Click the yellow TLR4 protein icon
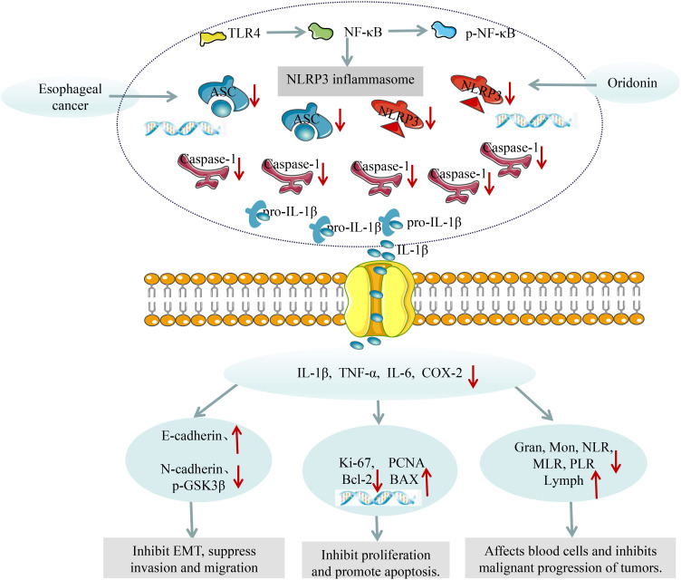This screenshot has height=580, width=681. tap(213, 38)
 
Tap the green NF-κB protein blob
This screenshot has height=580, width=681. tap(321, 32)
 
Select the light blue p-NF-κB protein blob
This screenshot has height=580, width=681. tap(444, 31)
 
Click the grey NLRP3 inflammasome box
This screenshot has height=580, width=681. tap(350, 81)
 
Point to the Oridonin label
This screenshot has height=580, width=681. tap(632, 82)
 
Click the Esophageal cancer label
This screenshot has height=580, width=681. tap(70, 97)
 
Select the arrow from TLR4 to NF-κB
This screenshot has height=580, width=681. tap(286, 32)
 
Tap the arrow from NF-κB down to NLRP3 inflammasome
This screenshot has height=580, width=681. tap(347, 52)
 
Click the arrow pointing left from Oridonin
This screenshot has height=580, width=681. tap(562, 84)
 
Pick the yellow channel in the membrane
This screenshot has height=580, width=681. tap(379, 299)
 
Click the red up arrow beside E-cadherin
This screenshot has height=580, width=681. tap(236, 440)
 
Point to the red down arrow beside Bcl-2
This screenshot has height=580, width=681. tap(377, 481)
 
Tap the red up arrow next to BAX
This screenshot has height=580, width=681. tap(427, 482)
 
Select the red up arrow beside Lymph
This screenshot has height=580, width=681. tap(595, 485)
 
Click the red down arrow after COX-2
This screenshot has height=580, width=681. tap(473, 376)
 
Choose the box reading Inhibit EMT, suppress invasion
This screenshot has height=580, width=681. tap(194, 558)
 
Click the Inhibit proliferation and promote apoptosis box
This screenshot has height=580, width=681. tap(376, 560)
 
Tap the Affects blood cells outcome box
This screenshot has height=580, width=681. tap(571, 558)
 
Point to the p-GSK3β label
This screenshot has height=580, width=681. tap(198, 485)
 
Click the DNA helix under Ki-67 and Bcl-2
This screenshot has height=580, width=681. tap(379, 498)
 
